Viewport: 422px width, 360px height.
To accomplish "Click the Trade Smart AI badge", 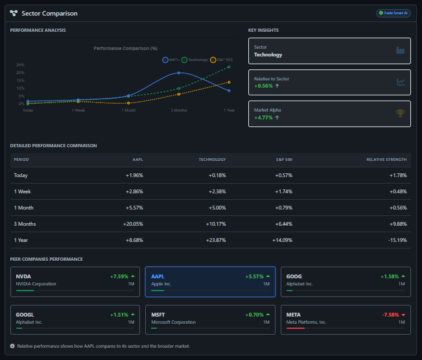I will [393, 13].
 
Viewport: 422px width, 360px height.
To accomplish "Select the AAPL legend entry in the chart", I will [172, 60].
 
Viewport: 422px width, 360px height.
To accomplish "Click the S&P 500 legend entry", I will [222, 60].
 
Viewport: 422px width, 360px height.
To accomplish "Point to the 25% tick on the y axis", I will [21, 65].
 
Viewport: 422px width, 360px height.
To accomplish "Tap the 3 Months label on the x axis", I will [179, 110].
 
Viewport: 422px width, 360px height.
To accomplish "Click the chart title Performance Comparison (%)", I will [126, 48].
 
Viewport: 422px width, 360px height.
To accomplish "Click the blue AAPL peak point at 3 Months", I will [179, 73].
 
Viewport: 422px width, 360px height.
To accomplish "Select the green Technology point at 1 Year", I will [229, 67].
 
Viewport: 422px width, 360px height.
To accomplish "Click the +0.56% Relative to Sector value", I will [264, 86].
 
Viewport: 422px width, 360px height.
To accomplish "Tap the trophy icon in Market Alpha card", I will [401, 114].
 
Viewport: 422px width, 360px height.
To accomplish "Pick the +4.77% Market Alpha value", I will [264, 117].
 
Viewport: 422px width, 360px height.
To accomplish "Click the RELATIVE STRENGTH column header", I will [386, 160].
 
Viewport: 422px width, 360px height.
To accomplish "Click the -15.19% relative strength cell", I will [396, 240].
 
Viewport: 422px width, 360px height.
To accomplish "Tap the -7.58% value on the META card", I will [390, 315].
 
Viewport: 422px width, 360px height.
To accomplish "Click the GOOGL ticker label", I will [25, 315].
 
